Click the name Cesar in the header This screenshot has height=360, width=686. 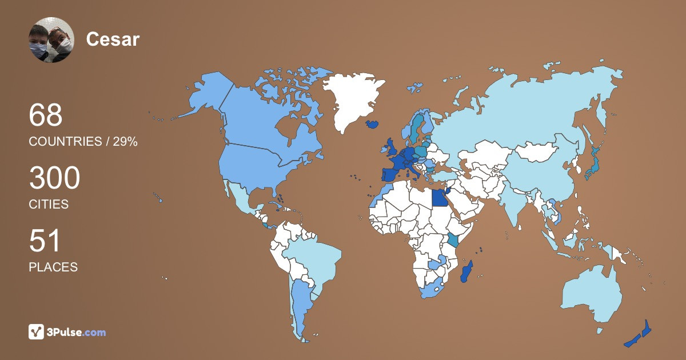click(x=113, y=39)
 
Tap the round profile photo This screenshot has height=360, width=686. click(x=51, y=40)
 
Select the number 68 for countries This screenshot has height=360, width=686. click(x=46, y=115)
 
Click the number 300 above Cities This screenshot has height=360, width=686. click(x=54, y=178)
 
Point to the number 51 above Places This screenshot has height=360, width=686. click(x=45, y=241)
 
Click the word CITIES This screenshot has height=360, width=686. click(x=49, y=205)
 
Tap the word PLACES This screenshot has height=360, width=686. click(x=53, y=267)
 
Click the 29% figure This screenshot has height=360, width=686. click(x=125, y=142)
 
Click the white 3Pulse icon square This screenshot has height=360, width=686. click(x=37, y=331)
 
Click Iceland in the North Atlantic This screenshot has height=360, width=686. click(x=372, y=123)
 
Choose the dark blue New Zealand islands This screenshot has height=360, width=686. click(x=640, y=334)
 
